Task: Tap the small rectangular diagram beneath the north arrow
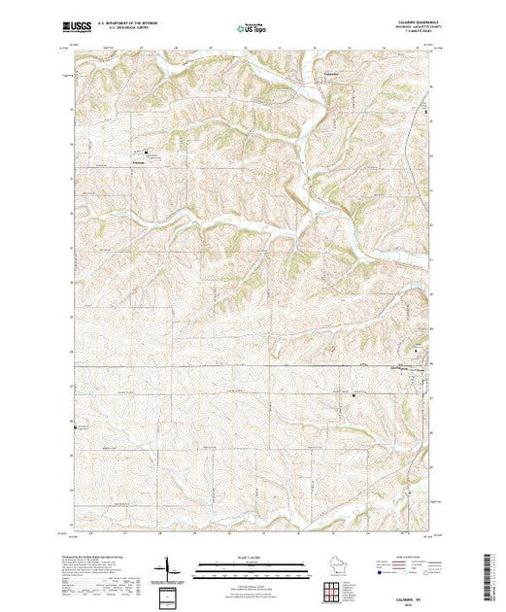point(172,594)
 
